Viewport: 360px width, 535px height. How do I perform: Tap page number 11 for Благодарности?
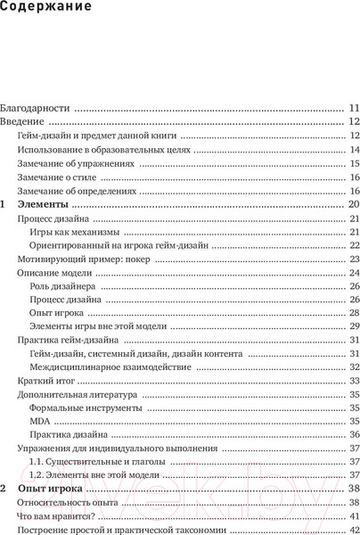354,105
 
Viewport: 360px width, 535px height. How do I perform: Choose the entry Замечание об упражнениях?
76,164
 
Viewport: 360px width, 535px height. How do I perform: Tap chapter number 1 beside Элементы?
4,204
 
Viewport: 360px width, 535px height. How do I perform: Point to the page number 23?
354,259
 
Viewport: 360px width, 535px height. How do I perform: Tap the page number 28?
354,313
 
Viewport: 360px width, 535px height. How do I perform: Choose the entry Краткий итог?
45,381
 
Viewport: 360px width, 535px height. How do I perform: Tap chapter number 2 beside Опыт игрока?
4,489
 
